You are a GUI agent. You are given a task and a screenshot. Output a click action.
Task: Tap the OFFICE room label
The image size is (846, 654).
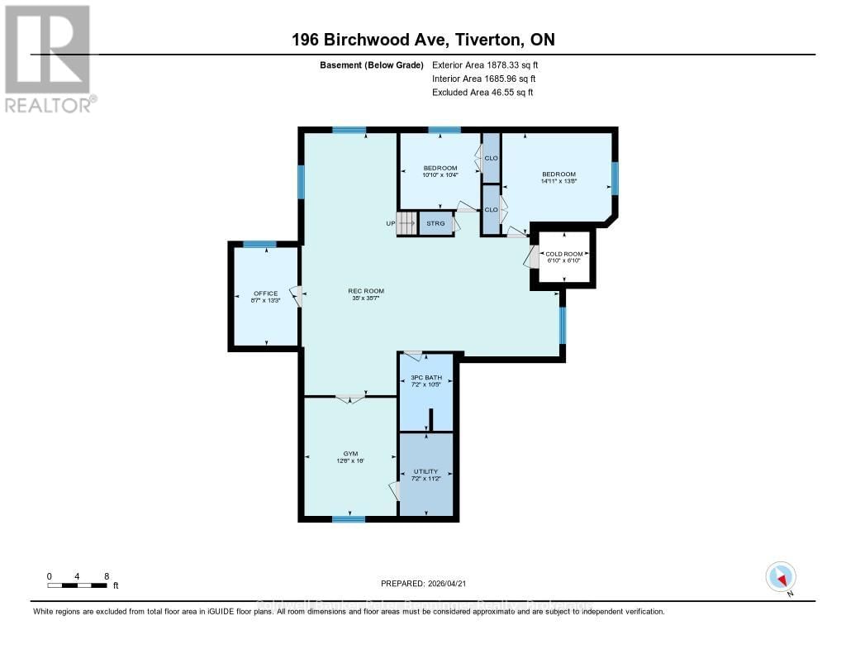click(265, 294)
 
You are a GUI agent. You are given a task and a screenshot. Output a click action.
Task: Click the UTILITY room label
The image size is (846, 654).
click(425, 471)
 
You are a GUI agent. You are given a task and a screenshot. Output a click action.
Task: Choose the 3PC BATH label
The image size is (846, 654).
click(426, 378)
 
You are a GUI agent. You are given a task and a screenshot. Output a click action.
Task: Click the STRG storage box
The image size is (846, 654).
click(435, 223)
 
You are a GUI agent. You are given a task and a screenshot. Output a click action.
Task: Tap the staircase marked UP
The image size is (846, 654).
click(406, 223)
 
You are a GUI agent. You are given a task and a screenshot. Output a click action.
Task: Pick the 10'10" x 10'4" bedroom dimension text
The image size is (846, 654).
click(440, 174)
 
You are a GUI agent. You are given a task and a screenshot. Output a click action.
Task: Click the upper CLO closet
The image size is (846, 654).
click(491, 157)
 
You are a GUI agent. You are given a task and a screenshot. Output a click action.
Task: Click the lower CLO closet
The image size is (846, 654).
click(491, 209)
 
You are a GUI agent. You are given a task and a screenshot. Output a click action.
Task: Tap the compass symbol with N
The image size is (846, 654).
click(781, 576)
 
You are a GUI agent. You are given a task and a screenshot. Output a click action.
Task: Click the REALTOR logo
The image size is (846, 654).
click(49, 59)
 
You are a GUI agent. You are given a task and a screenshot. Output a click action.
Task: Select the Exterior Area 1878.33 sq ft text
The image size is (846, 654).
click(485, 64)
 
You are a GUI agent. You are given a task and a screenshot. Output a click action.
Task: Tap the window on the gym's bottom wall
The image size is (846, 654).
click(348, 519)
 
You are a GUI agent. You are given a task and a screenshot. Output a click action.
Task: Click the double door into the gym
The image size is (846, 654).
click(350, 399)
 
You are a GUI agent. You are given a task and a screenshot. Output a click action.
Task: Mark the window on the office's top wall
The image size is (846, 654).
click(259, 244)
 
